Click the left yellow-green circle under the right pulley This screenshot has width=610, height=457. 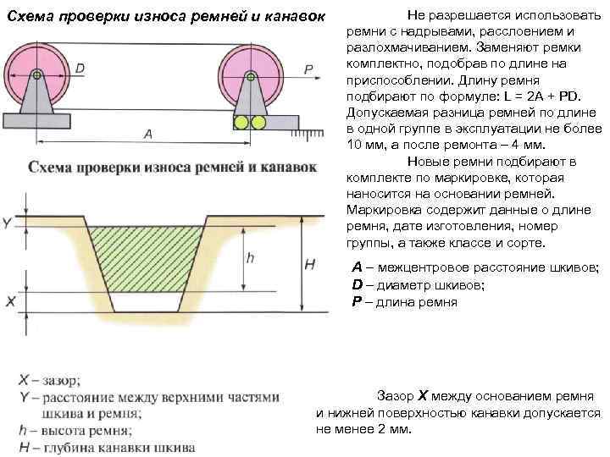pos(241,123)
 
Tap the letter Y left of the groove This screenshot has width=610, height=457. pos(8,223)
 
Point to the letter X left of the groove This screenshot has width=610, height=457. pos(9,301)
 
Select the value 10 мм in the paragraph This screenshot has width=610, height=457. pos(366,145)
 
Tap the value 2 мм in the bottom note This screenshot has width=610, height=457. pos(391,429)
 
